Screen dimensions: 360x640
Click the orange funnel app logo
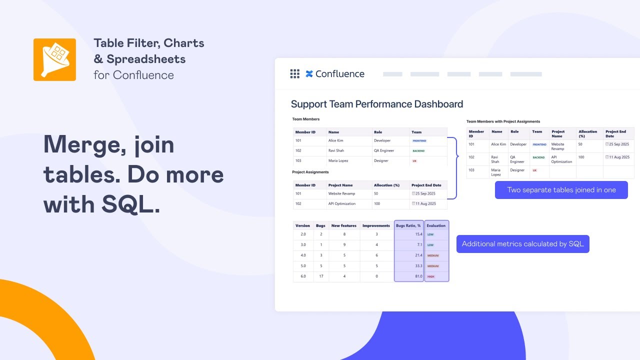(x=54, y=59)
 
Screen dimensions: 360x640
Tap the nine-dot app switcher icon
(x=295, y=74)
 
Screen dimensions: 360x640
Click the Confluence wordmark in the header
(x=340, y=74)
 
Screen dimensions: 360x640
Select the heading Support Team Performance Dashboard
(x=377, y=104)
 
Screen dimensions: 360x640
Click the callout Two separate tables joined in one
(x=561, y=190)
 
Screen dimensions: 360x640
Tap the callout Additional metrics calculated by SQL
(x=522, y=244)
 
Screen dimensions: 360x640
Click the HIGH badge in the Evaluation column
(x=431, y=276)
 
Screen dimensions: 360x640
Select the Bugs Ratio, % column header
(x=408, y=225)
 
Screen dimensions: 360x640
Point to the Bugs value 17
(x=320, y=276)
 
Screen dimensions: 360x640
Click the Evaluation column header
(x=436, y=225)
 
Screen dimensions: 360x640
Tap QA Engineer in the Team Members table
(x=384, y=150)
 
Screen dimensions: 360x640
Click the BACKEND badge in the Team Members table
(x=418, y=151)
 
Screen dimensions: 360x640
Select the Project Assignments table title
(x=310, y=172)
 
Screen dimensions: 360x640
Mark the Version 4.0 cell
(x=303, y=255)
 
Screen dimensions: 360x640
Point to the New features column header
(x=344, y=225)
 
